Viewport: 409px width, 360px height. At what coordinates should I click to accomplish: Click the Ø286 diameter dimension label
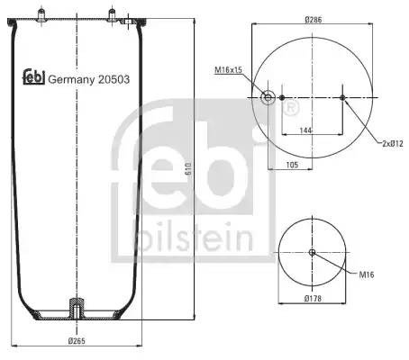[x=313, y=20]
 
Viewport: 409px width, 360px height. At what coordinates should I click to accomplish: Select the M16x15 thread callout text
[x=228, y=70]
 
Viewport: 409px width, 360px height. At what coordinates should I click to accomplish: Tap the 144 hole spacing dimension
[x=305, y=130]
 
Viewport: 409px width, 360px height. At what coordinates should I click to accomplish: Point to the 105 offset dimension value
[x=292, y=165]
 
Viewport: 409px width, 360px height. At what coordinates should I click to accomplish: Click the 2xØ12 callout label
[x=393, y=144]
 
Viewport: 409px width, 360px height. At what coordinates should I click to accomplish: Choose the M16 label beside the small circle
[x=367, y=274]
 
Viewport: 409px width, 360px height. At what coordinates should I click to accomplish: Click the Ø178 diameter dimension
[x=313, y=299]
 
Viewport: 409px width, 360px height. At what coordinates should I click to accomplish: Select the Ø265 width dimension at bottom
[x=77, y=341]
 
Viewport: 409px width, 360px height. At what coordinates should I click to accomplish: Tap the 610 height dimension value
[x=188, y=169]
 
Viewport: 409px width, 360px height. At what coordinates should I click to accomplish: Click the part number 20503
[x=114, y=79]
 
